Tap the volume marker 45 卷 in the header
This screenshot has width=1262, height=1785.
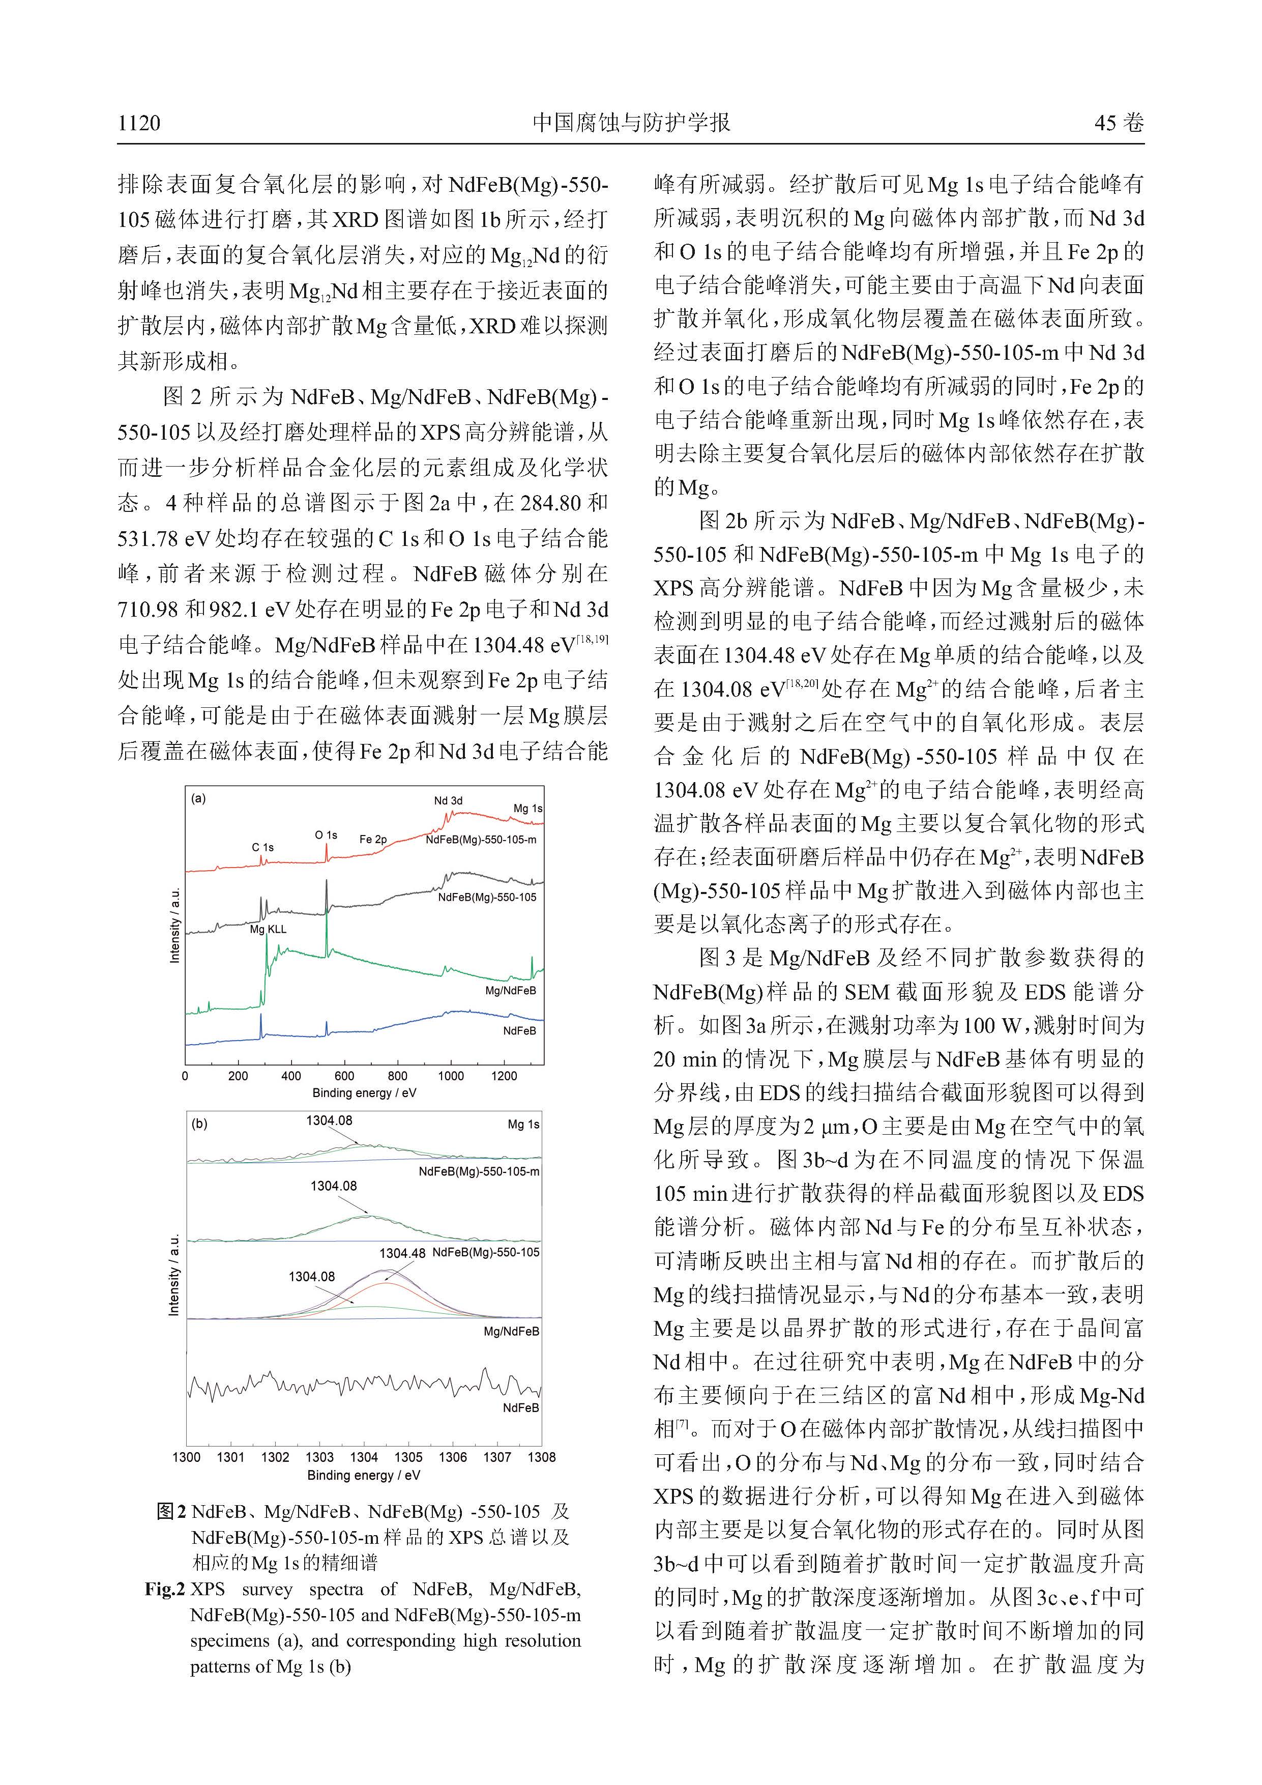point(1119,123)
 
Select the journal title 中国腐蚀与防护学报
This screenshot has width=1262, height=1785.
point(631,123)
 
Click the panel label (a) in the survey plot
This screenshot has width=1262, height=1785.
point(199,798)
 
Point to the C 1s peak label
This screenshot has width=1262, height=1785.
point(262,847)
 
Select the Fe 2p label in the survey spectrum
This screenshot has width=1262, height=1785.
point(373,840)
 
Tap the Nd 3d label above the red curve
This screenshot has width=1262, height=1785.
point(448,801)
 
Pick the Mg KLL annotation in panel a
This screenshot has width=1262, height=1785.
point(268,929)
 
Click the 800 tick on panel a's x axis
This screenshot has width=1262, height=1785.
point(397,1077)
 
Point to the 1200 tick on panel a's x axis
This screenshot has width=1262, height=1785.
point(504,1077)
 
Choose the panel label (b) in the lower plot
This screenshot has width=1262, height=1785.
point(200,1124)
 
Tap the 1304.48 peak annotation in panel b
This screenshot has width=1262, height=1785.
point(402,1253)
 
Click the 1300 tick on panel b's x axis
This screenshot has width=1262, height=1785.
point(187,1458)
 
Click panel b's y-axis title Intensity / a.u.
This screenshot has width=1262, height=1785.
point(174,1275)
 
